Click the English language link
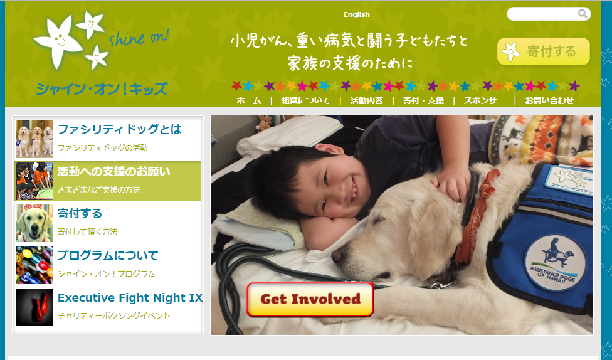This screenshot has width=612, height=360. [x=356, y=14]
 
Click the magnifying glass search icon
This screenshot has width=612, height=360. [x=583, y=14]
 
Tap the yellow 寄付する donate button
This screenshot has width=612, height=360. [x=543, y=51]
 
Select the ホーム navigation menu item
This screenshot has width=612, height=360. [x=248, y=101]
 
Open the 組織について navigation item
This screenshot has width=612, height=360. [x=305, y=101]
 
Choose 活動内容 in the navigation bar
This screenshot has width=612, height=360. [x=366, y=101]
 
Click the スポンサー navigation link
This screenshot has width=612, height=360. [x=484, y=101]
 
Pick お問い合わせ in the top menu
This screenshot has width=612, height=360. [x=549, y=101]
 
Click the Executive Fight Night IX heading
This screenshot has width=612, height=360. [x=130, y=297]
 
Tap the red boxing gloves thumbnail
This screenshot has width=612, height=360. [x=34, y=307]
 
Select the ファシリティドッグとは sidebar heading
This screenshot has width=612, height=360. [x=119, y=129]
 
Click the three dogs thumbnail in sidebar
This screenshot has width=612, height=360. [x=34, y=139]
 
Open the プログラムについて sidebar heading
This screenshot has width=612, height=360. [x=108, y=255]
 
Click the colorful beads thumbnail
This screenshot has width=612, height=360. [x=34, y=265]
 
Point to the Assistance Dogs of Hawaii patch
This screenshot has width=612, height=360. [x=554, y=263]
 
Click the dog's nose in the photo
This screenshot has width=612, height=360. [x=337, y=256]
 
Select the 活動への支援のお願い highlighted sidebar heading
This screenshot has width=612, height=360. [x=113, y=171]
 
